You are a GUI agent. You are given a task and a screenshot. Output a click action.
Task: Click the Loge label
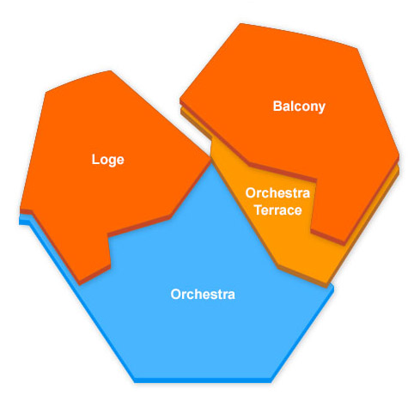pyautogui.click(x=107, y=160)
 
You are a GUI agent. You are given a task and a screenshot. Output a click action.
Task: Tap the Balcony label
pyautogui.click(x=299, y=107)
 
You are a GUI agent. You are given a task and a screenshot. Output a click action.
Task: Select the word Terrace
pyautogui.click(x=278, y=210)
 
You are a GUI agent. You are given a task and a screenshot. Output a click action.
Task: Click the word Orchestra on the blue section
pyautogui.click(x=203, y=295)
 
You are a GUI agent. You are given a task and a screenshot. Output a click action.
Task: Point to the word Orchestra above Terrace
pyautogui.click(x=277, y=193)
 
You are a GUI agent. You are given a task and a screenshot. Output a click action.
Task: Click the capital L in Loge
pyautogui.click(x=95, y=159)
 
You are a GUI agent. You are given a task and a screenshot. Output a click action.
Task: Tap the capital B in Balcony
pyautogui.click(x=277, y=106)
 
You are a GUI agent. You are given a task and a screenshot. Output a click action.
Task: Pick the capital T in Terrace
pyautogui.click(x=259, y=210)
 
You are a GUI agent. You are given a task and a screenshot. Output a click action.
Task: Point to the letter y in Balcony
pyautogui.click(x=322, y=108)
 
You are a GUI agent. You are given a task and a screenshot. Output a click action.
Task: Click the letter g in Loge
pyautogui.click(x=112, y=161)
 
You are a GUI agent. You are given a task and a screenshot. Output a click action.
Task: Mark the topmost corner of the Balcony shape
pyautogui.click(x=240, y=23)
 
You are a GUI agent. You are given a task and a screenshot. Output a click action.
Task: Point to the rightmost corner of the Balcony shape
pyautogui.click(x=399, y=156)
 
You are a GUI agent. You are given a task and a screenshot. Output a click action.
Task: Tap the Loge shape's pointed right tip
pyautogui.click(x=210, y=157)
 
